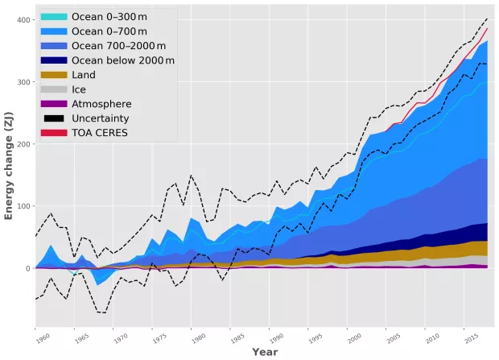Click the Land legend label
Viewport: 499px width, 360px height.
click(84, 75)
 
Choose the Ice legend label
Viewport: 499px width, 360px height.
click(78, 89)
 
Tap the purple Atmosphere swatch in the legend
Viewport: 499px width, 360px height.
click(53, 104)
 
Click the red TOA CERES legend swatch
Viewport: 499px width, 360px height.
click(53, 133)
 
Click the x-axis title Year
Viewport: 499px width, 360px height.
click(264, 352)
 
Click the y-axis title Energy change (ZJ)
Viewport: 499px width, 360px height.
click(9, 174)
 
